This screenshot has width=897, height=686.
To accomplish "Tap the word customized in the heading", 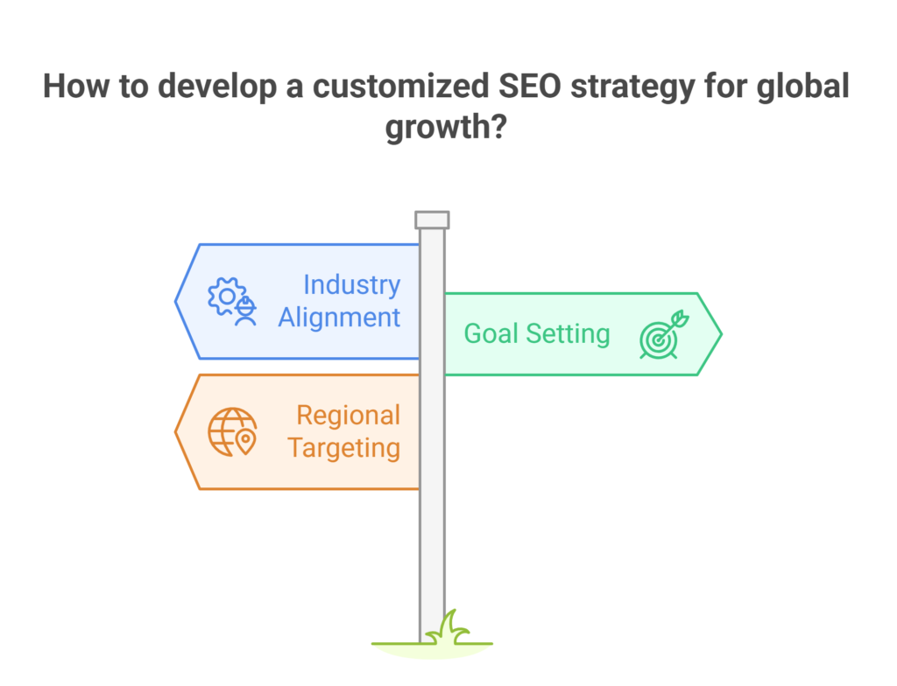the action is [x=400, y=87].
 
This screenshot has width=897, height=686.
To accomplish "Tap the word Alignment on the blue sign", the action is [x=339, y=318].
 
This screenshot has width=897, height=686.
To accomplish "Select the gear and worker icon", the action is [x=232, y=301].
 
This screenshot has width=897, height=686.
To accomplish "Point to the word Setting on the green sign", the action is [x=568, y=335].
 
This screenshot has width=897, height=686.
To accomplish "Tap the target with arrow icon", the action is [x=664, y=335].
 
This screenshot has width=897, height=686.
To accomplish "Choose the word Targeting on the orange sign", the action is [x=343, y=449].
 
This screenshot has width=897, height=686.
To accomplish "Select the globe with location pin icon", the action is [x=232, y=432].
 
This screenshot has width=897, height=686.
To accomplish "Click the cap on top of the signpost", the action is [x=432, y=220].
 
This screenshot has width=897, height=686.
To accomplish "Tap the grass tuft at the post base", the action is [x=452, y=628].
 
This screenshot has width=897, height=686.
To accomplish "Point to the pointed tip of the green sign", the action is [x=722, y=334].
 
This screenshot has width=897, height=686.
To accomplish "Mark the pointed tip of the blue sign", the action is [x=175, y=301].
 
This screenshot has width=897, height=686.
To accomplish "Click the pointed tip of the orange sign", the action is [x=175, y=432].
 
